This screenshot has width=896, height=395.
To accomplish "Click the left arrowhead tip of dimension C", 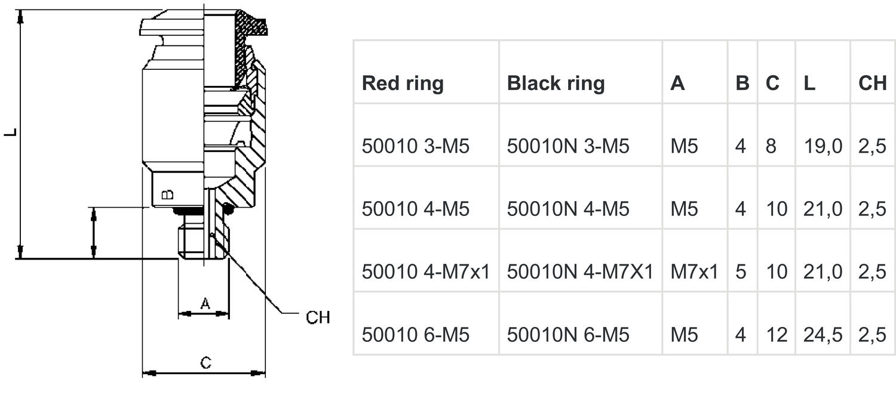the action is click(x=143, y=374).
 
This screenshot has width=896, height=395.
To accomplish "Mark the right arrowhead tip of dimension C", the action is click(x=265, y=374).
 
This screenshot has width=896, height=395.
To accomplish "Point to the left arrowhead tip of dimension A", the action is click(x=179, y=314).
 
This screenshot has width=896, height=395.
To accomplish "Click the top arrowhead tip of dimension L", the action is click(x=20, y=10).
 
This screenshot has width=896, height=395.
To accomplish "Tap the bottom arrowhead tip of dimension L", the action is click(x=20, y=259).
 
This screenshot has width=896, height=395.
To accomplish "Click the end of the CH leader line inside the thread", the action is click(x=211, y=236).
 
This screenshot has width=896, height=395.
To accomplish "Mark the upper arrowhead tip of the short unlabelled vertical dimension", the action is click(x=94, y=208).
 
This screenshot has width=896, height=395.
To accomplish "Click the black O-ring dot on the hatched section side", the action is click(x=228, y=208).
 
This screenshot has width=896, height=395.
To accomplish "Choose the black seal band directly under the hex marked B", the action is click(x=188, y=211).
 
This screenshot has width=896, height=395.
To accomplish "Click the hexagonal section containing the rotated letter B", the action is click(x=177, y=189).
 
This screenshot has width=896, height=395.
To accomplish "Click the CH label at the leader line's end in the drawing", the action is click(x=318, y=317).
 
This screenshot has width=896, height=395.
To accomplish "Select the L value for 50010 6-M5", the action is click(x=823, y=335).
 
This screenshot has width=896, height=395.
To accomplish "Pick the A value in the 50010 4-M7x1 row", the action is click(x=694, y=272).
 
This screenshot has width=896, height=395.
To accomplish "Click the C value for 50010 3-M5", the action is click(x=771, y=146).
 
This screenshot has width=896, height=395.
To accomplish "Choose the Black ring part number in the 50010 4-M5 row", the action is click(x=568, y=209).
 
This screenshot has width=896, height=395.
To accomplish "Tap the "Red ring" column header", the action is click(x=403, y=84).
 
